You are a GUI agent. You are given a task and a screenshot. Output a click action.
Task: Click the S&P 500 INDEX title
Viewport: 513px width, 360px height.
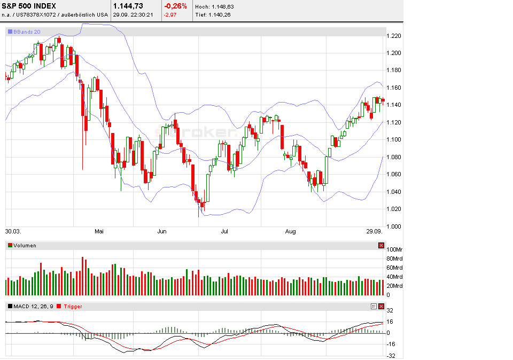click(29, 6)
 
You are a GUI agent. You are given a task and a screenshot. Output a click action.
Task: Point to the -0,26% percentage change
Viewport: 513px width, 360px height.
click(175, 6)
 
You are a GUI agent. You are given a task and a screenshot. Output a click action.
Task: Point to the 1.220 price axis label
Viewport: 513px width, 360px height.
click(393, 36)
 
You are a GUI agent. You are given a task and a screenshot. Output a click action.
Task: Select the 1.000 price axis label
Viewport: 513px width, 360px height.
click(393, 226)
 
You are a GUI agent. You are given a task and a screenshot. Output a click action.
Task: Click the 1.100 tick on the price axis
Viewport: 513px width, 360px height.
click(393, 140)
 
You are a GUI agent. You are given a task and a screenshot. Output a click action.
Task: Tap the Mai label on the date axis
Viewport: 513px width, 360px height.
click(99, 232)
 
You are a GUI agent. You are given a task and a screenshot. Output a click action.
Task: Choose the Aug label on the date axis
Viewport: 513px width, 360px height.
click(291, 232)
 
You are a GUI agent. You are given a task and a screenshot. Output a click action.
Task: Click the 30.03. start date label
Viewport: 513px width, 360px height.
click(13, 232)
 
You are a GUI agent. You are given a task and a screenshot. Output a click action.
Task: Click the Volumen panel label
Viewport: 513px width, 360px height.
click(25, 246)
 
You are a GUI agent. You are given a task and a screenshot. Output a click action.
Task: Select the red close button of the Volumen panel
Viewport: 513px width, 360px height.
click(381, 246)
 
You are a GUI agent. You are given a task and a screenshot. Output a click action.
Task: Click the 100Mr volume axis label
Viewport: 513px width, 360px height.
click(395, 249)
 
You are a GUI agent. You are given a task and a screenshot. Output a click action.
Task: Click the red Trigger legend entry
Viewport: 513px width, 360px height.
click(73, 307)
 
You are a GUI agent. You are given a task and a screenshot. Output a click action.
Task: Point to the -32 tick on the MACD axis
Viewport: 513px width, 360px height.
click(391, 356)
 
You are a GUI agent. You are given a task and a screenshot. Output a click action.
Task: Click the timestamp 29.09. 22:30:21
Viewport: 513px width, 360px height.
click(133, 14)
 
